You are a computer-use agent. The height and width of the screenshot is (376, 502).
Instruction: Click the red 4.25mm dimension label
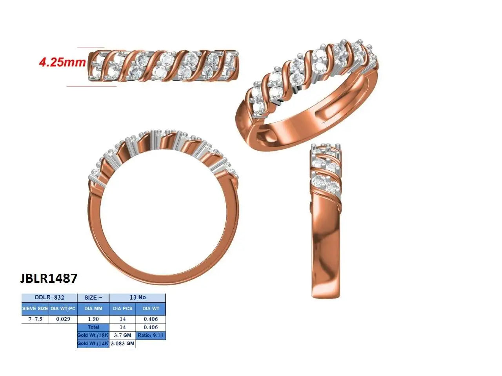[x=62, y=62]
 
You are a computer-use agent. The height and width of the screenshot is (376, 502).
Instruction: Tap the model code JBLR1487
[x=49, y=278]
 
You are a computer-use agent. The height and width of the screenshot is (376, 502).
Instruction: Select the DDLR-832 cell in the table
[x=49, y=298]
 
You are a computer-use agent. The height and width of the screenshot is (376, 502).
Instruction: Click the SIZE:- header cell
[x=93, y=298]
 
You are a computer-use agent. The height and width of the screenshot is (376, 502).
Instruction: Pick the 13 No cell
[x=137, y=298]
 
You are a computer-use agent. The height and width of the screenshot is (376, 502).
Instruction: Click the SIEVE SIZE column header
[x=35, y=309]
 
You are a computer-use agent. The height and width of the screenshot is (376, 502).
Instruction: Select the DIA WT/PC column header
[x=63, y=309]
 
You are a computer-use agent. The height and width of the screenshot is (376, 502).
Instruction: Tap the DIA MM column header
[x=93, y=309]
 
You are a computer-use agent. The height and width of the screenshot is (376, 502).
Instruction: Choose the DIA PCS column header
[x=123, y=309]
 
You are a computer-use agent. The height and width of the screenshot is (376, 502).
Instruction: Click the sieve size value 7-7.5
[x=35, y=319]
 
